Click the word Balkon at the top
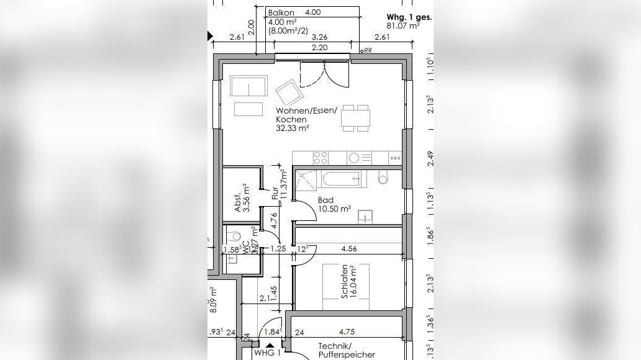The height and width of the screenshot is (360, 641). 280,12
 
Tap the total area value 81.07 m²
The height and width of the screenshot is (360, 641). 402,26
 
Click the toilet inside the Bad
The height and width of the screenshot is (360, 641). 383,179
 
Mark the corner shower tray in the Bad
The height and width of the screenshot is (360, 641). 306,179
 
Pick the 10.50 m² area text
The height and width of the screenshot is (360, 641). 335,209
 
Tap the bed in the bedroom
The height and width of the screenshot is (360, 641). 345,286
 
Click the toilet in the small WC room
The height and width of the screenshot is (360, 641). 234,236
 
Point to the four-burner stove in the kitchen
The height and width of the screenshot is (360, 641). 321,158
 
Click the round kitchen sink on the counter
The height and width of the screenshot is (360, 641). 354,158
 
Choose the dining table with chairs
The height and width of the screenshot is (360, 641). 357,118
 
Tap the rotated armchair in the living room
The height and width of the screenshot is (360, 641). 289,93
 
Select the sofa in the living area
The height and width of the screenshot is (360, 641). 248,86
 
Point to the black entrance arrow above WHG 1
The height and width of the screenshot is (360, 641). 270,344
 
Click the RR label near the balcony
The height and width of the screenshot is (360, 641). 367,50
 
